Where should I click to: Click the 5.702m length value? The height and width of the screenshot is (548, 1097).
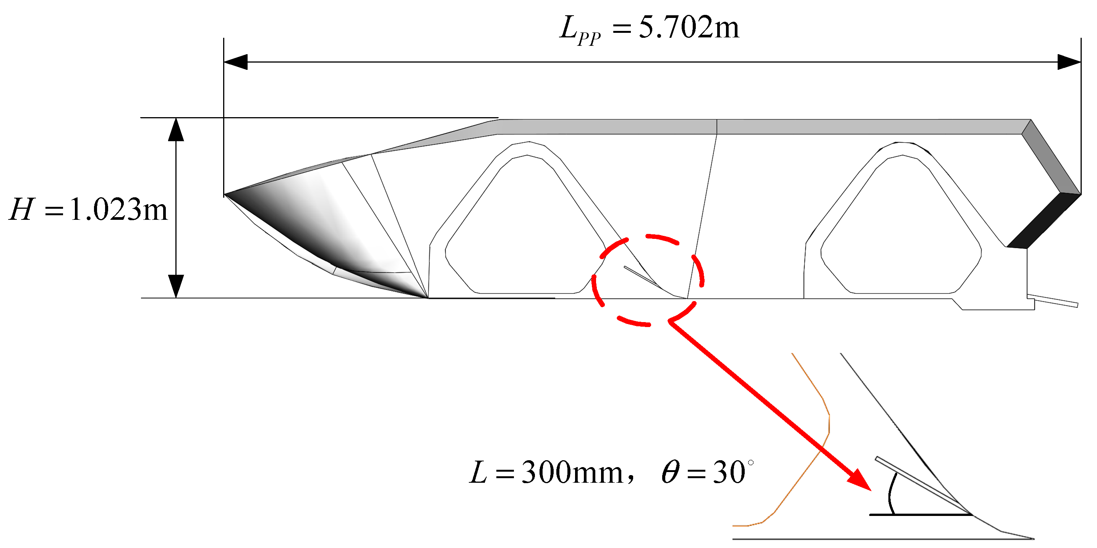coord(689,27)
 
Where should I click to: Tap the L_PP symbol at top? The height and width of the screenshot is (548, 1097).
coord(580,30)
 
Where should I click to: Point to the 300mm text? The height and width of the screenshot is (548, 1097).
coord(572,473)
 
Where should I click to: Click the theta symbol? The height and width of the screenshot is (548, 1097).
coord(670,473)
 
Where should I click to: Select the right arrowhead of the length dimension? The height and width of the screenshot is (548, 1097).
coord(1069,62)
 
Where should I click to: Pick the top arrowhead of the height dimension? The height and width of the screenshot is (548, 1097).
coord(176,130)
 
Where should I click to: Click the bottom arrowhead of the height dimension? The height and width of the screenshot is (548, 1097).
coord(176,286)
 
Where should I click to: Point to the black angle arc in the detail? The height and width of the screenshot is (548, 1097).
coord(891,493)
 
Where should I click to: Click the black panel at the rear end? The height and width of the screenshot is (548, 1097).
coord(1044,221)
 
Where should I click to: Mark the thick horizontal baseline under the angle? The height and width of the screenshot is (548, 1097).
coord(920,515)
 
